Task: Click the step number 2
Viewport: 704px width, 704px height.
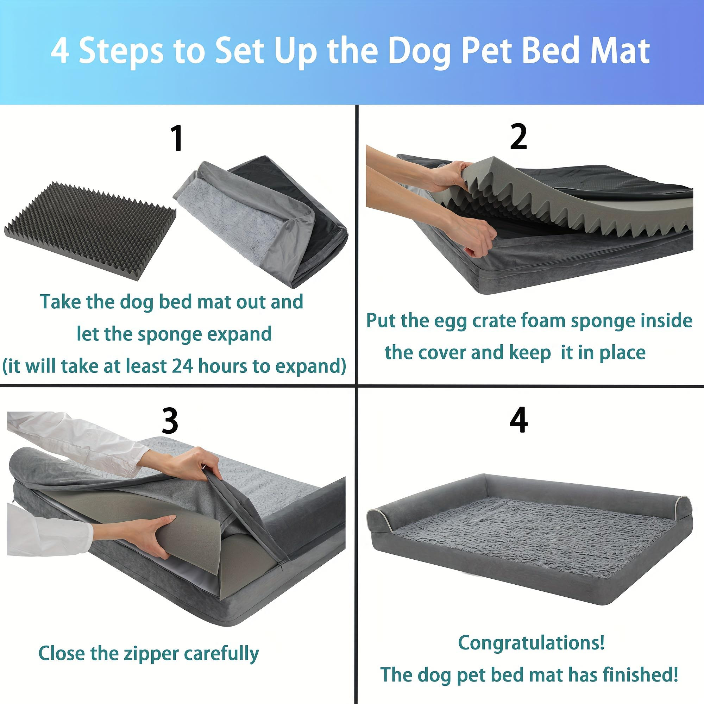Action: tap(518, 137)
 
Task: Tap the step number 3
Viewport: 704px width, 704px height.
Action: tap(170, 421)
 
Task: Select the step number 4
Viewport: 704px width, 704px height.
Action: tap(518, 421)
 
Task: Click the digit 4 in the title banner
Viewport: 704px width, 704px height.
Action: tap(60, 51)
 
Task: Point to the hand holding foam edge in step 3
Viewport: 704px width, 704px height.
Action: tap(146, 532)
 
